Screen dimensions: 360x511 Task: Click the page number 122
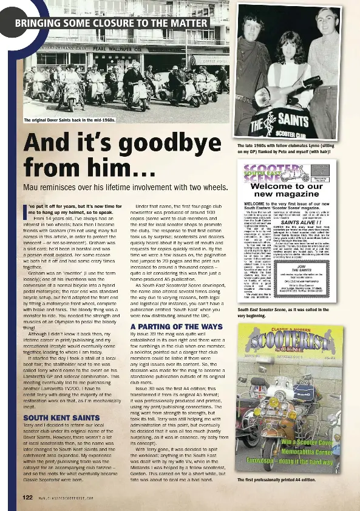pos(27,498)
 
